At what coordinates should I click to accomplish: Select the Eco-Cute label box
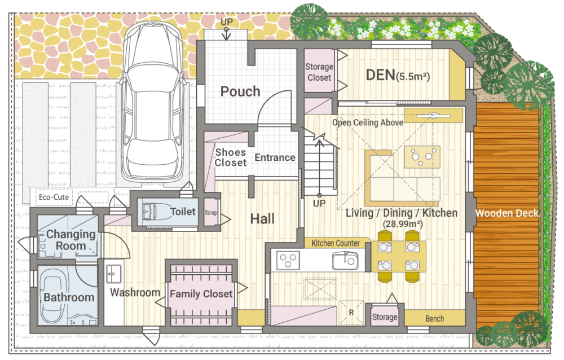tap(54, 197)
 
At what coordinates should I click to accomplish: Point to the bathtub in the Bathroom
tap(55, 297)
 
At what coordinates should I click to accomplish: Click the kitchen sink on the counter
tap(345, 261)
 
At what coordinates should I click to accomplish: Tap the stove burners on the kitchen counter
tap(288, 261)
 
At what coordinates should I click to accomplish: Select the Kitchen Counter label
tap(335, 243)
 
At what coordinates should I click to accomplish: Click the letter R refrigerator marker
tap(351, 313)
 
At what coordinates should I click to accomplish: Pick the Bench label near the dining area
tap(434, 319)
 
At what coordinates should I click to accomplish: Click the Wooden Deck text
tap(507, 213)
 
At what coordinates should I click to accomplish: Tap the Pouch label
tap(240, 91)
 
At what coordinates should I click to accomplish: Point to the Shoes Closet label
tap(231, 157)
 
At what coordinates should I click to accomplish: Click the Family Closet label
tap(201, 294)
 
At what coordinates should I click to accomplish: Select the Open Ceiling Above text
tap(368, 123)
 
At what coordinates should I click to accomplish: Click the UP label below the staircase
tap(319, 203)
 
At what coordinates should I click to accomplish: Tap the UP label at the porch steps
tap(227, 22)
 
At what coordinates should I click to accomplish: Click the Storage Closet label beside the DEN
tap(319, 72)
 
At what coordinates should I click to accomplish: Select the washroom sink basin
tap(114, 274)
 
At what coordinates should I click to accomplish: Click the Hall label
tap(262, 218)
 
